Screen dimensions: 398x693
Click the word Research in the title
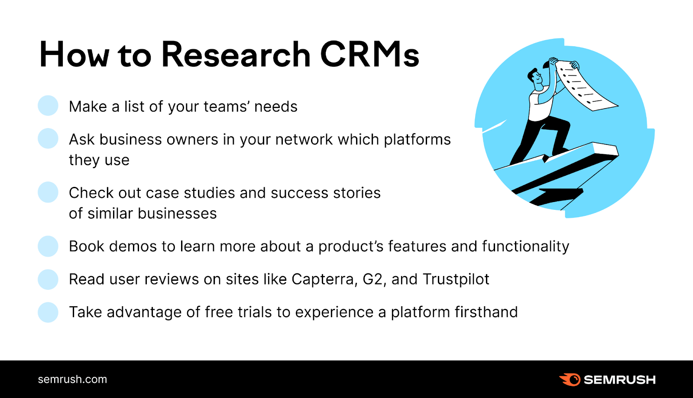point(236,55)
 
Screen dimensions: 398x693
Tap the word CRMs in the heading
point(369,55)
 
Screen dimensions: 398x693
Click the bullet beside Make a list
point(48,106)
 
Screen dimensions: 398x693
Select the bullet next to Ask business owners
point(48,138)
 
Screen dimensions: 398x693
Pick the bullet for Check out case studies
point(48,192)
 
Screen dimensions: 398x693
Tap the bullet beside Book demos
point(48,246)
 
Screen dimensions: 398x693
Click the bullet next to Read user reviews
point(48,279)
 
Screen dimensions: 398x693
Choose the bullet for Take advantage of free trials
point(48,312)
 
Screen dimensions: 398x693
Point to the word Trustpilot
point(456,279)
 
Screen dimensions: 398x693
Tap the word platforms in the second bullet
point(417,140)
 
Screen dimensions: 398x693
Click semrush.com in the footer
point(72,379)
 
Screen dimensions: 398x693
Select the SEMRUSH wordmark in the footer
point(619,380)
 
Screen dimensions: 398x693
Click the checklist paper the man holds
point(585,87)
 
